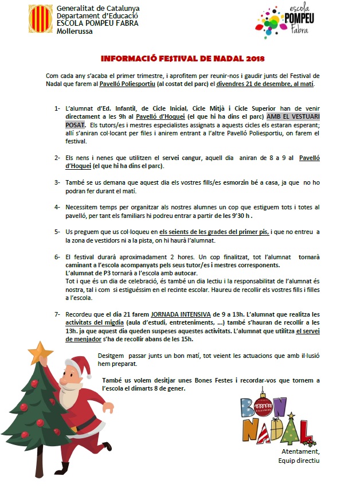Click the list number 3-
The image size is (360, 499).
pyautogui.click(x=58, y=182)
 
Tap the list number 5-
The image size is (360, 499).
pyautogui.click(x=58, y=231)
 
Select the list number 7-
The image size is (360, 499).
pyautogui.click(x=58, y=315)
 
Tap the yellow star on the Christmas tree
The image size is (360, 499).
pyautogui.click(x=40, y=350)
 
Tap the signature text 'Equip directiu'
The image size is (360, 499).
pyautogui.click(x=298, y=460)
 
